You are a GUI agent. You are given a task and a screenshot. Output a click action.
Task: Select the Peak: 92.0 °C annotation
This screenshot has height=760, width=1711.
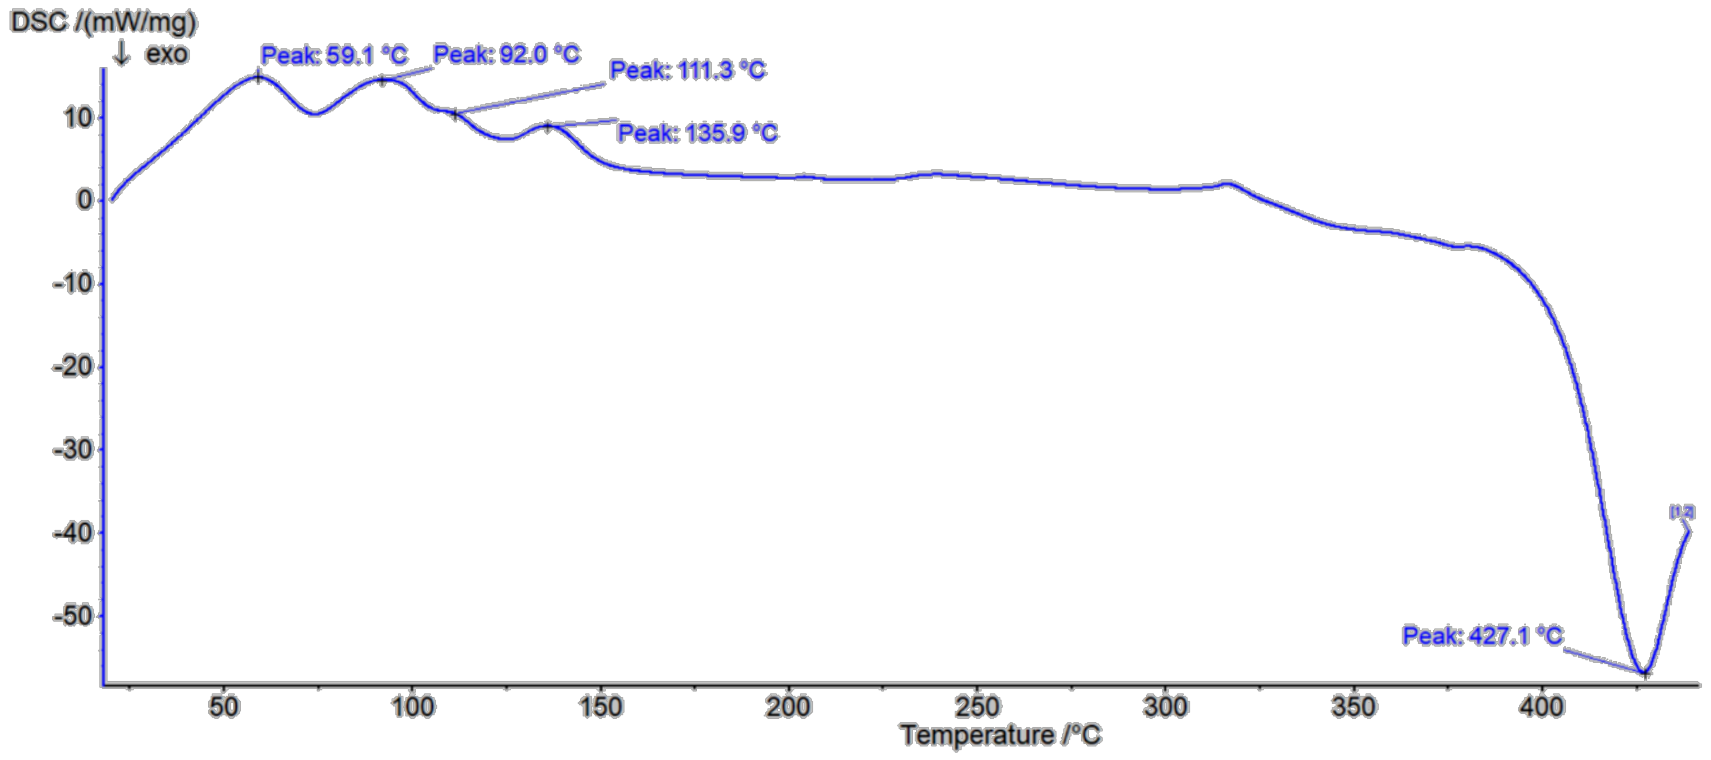[x=507, y=54]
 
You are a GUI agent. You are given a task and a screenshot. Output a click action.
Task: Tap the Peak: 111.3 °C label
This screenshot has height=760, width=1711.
[x=688, y=70]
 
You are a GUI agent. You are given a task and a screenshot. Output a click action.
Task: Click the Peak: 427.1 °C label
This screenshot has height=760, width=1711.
[x=1483, y=636]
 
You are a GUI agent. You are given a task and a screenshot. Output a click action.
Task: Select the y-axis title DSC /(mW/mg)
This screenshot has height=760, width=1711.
[x=103, y=22]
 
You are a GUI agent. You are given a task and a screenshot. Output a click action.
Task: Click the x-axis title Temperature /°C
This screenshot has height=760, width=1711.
[x=1000, y=735]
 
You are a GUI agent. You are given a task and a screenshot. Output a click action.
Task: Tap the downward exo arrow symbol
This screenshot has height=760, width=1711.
[x=121, y=53]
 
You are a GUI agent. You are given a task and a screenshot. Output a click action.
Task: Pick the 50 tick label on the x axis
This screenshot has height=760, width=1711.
[x=223, y=707]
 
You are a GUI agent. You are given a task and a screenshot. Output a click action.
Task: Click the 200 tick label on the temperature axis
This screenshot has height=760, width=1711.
[x=788, y=707]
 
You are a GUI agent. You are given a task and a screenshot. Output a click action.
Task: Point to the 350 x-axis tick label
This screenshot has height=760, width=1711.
[x=1353, y=707]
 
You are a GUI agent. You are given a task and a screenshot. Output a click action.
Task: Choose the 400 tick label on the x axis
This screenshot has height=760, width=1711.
[x=1541, y=707]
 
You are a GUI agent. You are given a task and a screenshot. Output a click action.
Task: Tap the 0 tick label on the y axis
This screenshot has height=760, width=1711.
[x=84, y=200]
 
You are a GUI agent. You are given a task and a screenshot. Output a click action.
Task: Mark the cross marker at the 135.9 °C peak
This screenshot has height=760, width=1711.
[x=548, y=126]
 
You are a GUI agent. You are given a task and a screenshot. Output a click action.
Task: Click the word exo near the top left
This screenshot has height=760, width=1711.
[x=167, y=54]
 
